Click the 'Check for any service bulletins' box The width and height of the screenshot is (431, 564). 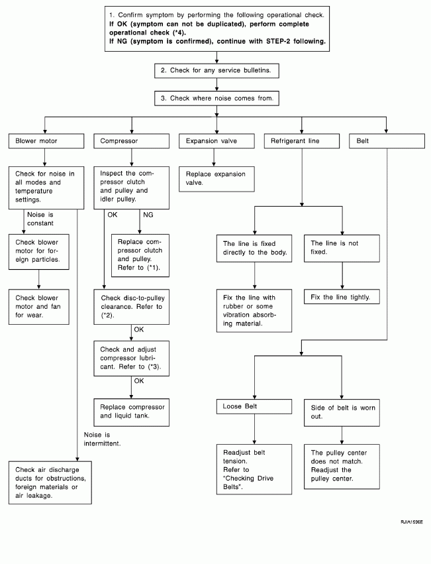coord(216,70)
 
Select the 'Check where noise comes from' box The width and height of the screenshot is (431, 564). coord(216,98)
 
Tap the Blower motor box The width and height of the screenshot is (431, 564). coord(46,141)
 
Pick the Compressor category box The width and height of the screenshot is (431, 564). coord(132,141)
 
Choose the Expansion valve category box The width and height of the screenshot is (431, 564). coord(216,141)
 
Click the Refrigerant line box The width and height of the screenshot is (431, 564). coord(302,141)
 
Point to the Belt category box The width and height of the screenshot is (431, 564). coord(387,141)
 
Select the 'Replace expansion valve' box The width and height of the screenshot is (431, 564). coord(216,179)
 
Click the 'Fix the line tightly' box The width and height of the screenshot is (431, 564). coord(342,297)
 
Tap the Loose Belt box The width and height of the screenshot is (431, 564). coord(254,406)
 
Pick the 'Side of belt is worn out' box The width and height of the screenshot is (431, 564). coord(342,413)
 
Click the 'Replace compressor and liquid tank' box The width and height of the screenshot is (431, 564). coord(132,412)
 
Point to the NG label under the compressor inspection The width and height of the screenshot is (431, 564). coord(148,215)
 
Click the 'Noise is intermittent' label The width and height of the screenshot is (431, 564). coord(103,439)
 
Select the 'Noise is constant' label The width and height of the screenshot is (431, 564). coord(40,219)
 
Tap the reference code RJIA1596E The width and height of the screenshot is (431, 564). coord(412,522)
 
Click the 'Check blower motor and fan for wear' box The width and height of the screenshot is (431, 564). coord(39,307)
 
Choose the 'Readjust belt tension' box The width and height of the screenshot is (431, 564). coord(254,469)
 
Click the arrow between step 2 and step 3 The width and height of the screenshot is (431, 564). coord(216,85)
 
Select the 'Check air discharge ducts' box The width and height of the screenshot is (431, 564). coord(50,482)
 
